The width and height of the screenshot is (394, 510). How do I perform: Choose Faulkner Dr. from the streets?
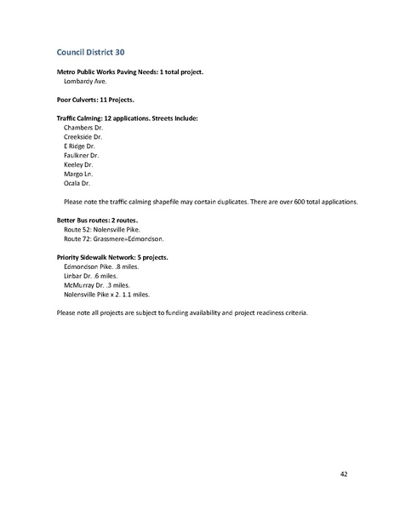click(82, 155)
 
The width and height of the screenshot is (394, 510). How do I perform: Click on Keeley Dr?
click(78, 164)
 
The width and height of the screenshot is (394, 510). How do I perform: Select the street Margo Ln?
click(78, 174)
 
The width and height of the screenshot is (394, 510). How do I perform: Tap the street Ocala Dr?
click(77, 183)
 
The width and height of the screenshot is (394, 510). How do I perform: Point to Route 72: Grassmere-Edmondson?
click(114, 239)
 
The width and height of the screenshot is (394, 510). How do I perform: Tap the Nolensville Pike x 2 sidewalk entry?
click(106, 295)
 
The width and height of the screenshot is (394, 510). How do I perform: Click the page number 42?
click(343, 473)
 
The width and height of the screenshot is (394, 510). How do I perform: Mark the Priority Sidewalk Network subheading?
click(111, 257)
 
